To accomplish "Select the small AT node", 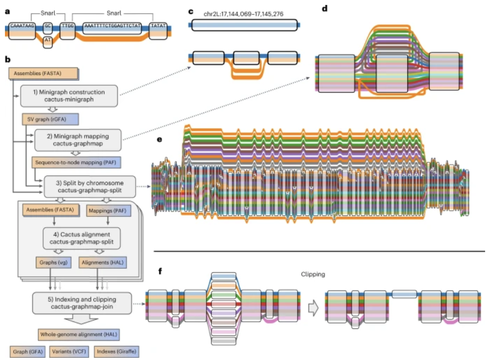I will coord(48,42).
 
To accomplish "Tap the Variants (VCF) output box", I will coord(68,351).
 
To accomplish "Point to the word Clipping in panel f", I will coord(313,274).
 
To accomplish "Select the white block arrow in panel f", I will coord(313,308).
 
